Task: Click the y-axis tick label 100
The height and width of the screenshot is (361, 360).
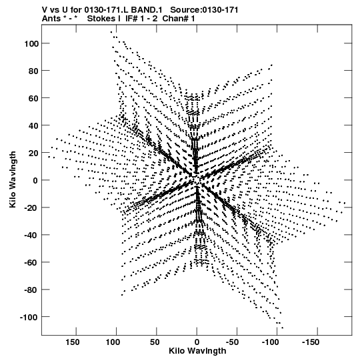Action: pos(31,43)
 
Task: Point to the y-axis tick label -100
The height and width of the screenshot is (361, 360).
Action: pos(29,318)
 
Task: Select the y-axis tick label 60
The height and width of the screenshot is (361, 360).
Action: pos(33,98)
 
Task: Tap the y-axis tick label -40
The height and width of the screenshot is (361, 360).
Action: pos(31,236)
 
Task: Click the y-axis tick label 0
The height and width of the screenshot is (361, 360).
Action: pos(35,180)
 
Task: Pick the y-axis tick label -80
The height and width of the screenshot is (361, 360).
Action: pos(31,290)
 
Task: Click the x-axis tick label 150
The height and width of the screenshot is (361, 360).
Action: pos(73,342)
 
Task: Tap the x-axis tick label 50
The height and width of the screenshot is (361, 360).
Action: pos(155,342)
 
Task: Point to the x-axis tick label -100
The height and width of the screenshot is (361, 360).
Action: pos(271,342)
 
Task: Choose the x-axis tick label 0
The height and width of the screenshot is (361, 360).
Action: pos(197,342)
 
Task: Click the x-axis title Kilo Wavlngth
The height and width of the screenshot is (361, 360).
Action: pos(197,351)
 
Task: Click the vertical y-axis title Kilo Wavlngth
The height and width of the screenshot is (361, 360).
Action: pos(13,179)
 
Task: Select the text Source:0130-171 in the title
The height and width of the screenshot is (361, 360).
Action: pos(204,10)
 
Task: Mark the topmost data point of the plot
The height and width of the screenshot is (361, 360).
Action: pos(111,32)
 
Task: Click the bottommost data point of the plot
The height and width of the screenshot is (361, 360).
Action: pos(283,328)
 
